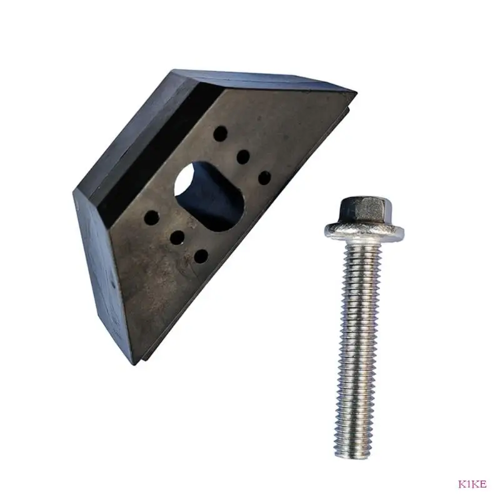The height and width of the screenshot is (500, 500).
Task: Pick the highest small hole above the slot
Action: (x=220, y=133)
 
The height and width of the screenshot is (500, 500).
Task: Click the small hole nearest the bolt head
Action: (x=264, y=177)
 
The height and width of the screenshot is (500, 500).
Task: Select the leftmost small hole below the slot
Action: (x=152, y=217)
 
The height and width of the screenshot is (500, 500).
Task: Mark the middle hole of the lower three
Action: (x=177, y=237)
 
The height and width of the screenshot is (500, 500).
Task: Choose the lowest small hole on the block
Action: (x=200, y=255)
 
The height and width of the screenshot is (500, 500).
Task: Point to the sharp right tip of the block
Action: (x=354, y=94)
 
